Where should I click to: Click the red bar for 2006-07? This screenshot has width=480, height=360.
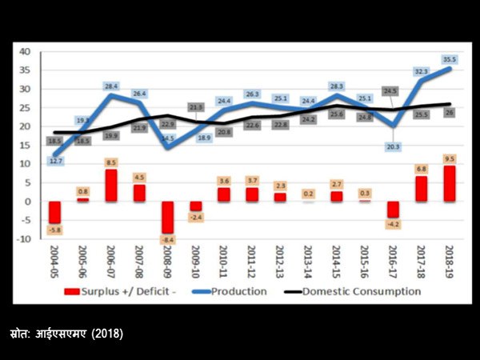[111, 185]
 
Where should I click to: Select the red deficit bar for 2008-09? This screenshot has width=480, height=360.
[167, 217]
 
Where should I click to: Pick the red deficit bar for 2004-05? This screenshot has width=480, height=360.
[55, 212]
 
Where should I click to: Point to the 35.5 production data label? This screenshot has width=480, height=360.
[450, 59]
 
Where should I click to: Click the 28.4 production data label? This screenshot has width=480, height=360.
[111, 86]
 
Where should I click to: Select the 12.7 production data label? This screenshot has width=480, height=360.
[55, 161]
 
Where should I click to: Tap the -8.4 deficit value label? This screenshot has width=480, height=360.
[167, 239]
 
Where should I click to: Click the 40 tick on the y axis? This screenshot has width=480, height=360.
[25, 52]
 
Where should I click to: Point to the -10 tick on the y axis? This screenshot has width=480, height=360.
[24, 239]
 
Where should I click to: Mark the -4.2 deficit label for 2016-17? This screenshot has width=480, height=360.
[392, 224]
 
